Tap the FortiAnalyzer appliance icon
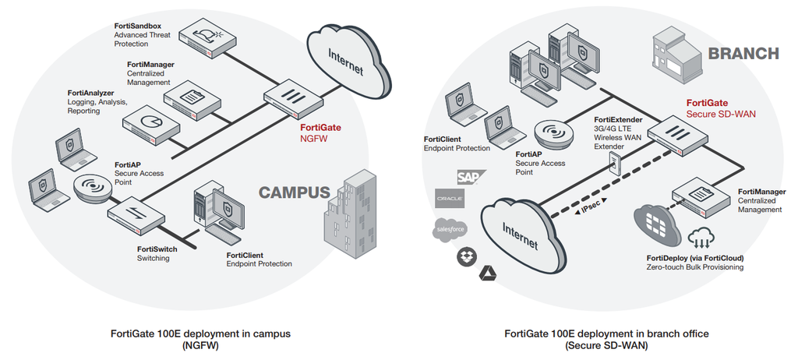tap(153, 122)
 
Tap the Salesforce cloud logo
tap(450, 228)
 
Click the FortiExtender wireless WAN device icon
tap(614, 162)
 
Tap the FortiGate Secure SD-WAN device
tap(677, 134)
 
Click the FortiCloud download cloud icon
tap(699, 236)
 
